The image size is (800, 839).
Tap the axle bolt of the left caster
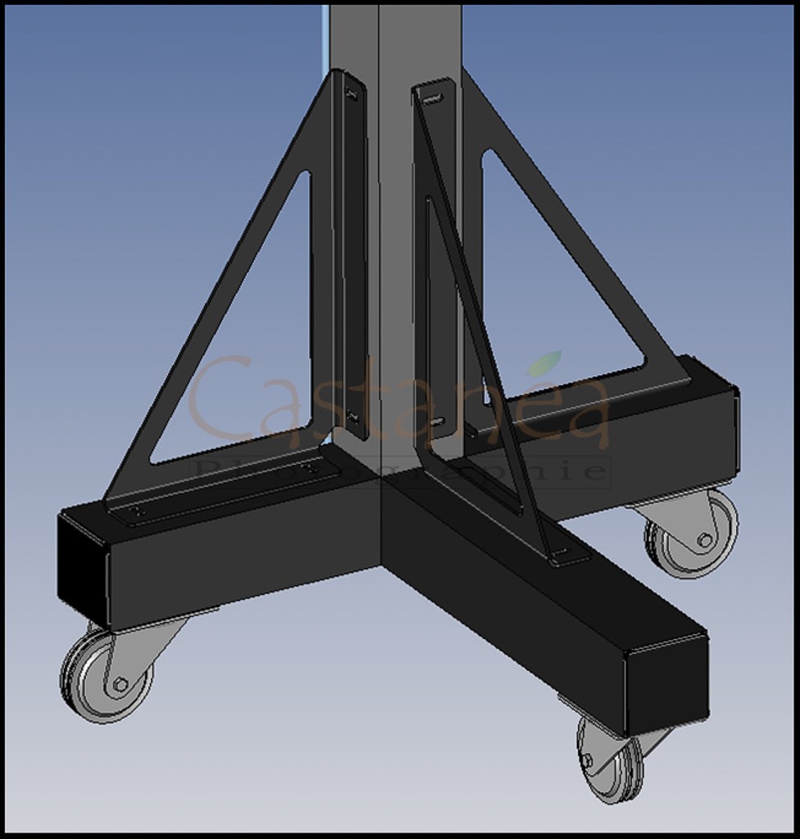tap(120, 684)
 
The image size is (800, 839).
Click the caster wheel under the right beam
tap(693, 537)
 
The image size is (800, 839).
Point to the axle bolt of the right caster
tap(704, 540)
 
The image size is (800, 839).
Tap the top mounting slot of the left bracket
tap(352, 94)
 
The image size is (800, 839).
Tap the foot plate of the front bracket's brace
tap(568, 558)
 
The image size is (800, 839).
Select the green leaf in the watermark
tap(543, 363)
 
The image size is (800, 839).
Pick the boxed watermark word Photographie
tap(402, 471)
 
